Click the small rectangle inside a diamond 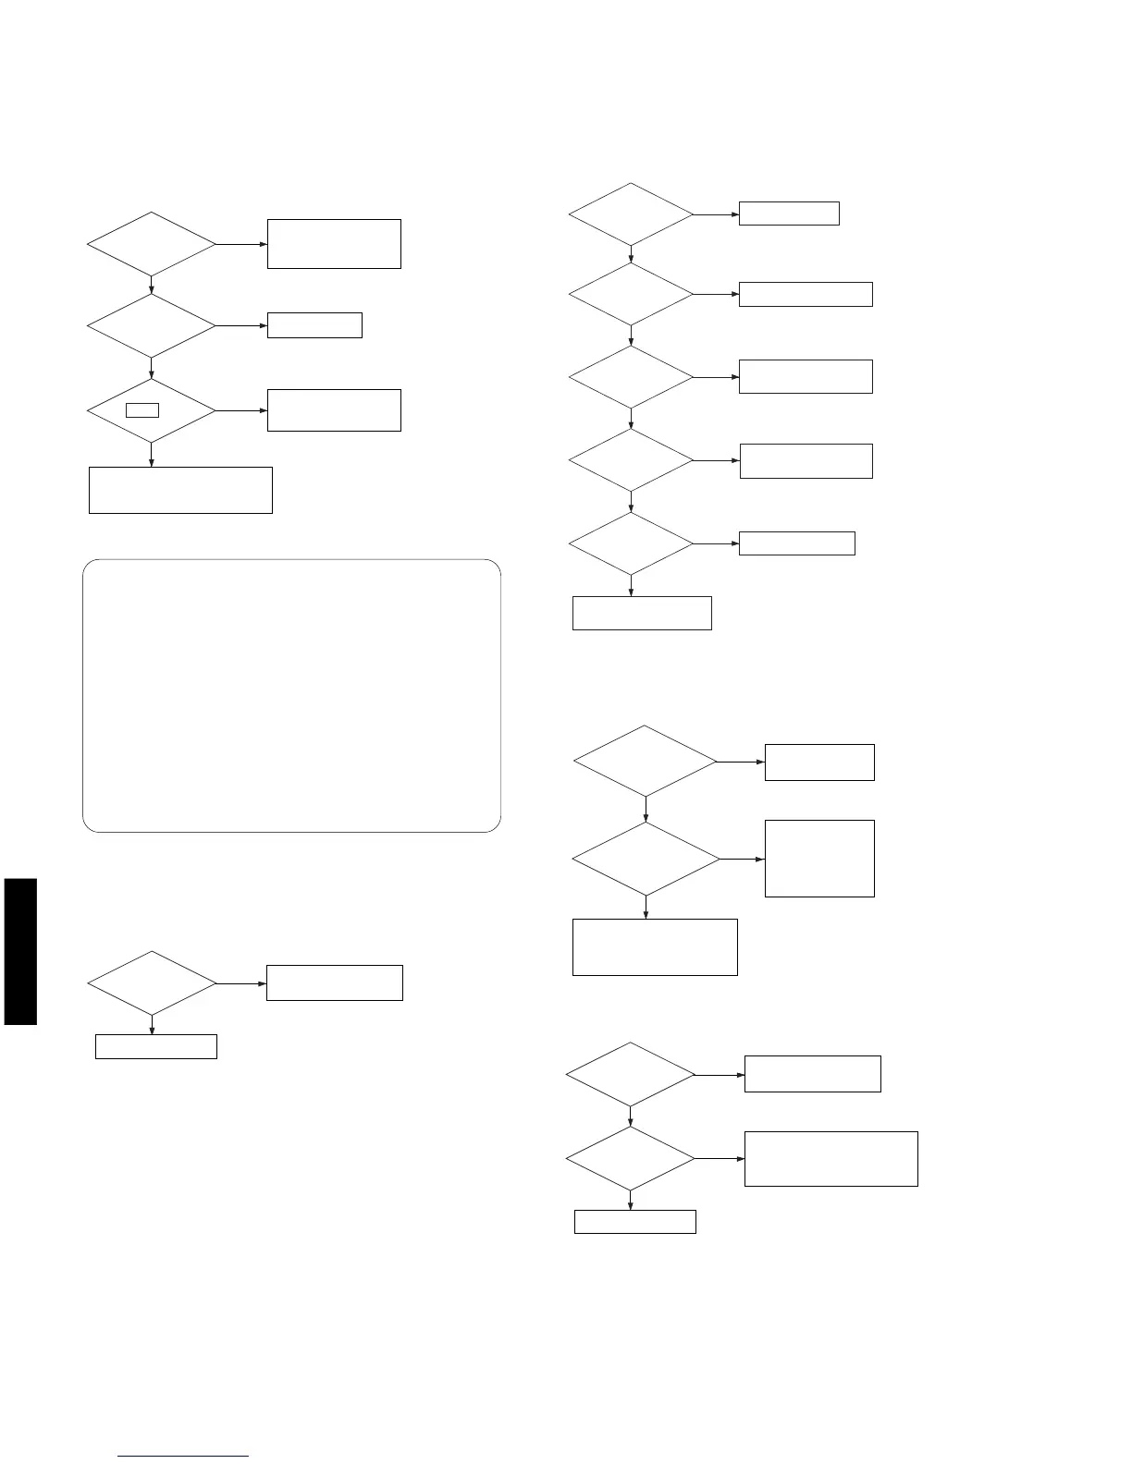(x=142, y=409)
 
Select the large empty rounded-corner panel (x=291, y=695)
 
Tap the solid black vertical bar (x=20, y=951)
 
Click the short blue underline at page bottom (x=183, y=1457)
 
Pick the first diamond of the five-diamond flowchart (x=631, y=214)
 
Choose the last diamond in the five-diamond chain (x=631, y=543)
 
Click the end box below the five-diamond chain (x=642, y=613)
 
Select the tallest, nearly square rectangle (x=819, y=858)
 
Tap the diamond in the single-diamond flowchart (x=151, y=983)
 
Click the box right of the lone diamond (x=334, y=982)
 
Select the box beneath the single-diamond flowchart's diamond (x=156, y=1046)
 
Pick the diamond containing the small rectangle (x=151, y=410)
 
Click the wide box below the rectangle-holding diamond (x=180, y=490)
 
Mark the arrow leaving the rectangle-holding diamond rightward (x=241, y=410)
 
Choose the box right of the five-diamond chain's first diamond (x=789, y=213)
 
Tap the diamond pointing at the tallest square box (x=646, y=859)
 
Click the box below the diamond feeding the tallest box (x=655, y=946)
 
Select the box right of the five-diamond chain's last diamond (x=796, y=543)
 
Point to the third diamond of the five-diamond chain (x=631, y=377)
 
